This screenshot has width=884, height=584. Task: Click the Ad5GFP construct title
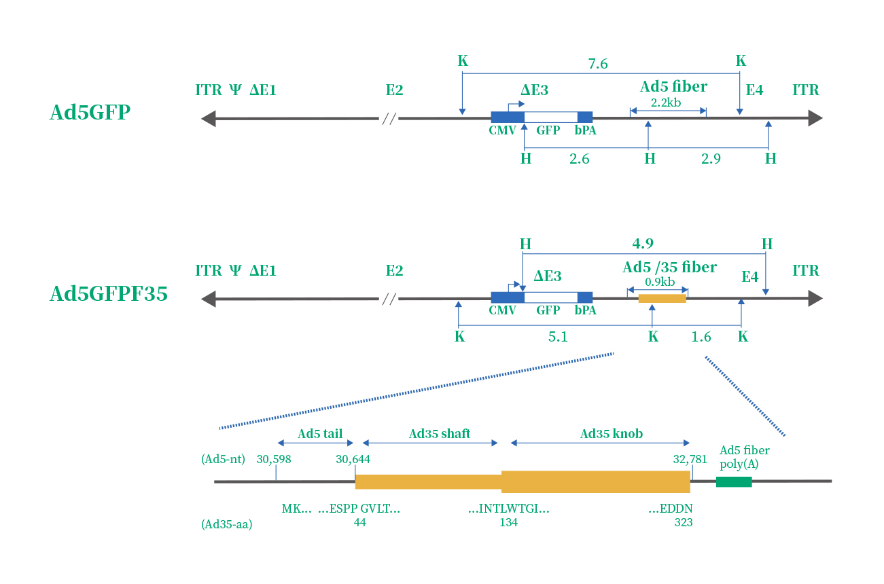point(90,112)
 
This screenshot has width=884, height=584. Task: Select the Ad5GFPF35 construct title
point(109,294)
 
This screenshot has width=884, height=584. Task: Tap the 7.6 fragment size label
point(598,64)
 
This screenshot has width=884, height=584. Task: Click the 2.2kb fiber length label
point(666,103)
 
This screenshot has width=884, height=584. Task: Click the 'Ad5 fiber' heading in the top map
point(673,87)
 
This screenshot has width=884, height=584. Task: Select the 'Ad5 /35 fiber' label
point(669,268)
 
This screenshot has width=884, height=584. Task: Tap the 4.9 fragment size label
point(643,244)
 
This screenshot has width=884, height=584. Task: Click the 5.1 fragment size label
point(558,337)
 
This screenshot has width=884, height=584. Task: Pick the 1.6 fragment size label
point(701,337)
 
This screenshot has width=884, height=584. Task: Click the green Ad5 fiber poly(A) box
point(734,481)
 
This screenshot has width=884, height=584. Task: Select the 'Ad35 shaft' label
point(440,434)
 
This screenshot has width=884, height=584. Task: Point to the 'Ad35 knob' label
point(612,434)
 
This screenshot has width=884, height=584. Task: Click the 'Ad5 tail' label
point(320,434)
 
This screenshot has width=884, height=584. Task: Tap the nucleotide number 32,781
point(690,459)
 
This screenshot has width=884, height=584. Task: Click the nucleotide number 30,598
point(274,459)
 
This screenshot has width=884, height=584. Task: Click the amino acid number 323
point(684,522)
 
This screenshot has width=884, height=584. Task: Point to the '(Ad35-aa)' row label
point(227,524)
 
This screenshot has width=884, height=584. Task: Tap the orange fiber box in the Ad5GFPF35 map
point(662,298)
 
